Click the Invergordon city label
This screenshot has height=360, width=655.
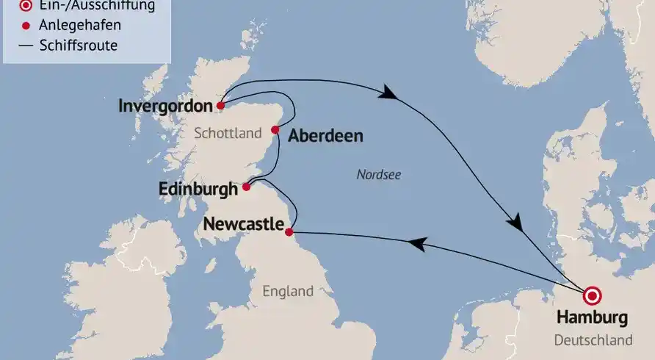pyautogui.click(x=165, y=106)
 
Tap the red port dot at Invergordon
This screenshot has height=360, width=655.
pyautogui.click(x=220, y=106)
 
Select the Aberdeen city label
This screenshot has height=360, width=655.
pyautogui.click(x=325, y=136)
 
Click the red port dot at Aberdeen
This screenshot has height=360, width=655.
pyautogui.click(x=275, y=130)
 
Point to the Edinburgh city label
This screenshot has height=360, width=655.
pyautogui.click(x=198, y=189)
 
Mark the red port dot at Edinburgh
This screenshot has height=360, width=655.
pyautogui.click(x=247, y=187)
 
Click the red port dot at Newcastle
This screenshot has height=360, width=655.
pyautogui.click(x=289, y=232)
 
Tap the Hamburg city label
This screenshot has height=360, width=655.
pyautogui.click(x=593, y=318)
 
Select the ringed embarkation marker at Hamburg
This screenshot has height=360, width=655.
pyautogui.click(x=592, y=295)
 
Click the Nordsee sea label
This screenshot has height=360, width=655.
pyautogui.click(x=379, y=174)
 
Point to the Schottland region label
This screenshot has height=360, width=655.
pyautogui.click(x=228, y=133)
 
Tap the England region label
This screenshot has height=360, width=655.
pyautogui.click(x=288, y=291)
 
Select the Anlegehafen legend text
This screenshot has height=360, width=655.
pyautogui.click(x=80, y=26)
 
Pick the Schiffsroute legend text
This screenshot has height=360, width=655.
pyautogui.click(x=78, y=46)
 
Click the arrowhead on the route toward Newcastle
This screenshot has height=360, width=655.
pyautogui.click(x=416, y=244)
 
